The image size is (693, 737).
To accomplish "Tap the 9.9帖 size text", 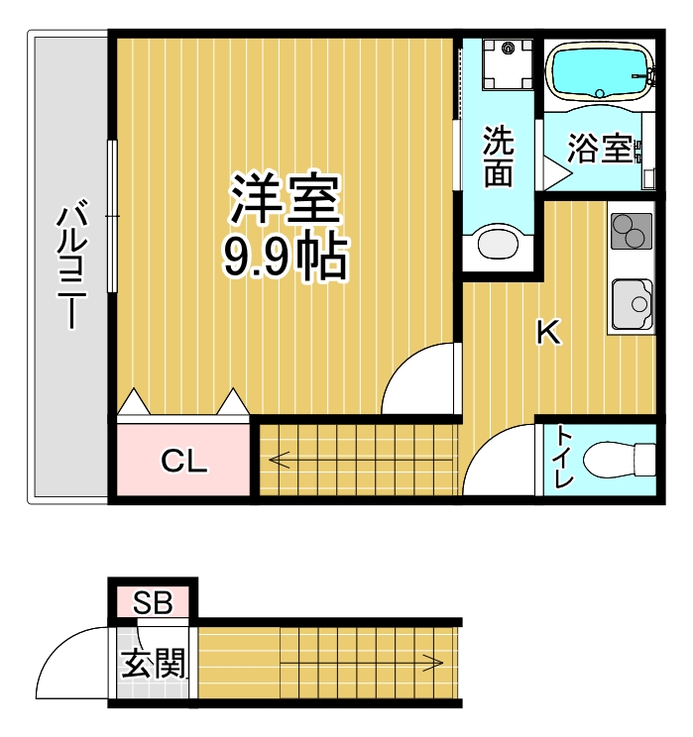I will (285, 258).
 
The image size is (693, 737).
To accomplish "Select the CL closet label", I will (184, 461).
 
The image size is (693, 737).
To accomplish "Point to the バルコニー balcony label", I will (69, 265).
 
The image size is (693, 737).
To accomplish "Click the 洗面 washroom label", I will (498, 158).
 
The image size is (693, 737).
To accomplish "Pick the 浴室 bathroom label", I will (600, 150).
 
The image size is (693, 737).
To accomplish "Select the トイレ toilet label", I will (564, 458).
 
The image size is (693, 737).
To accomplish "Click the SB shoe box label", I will (154, 601).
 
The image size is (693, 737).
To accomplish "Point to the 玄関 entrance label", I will (155, 663).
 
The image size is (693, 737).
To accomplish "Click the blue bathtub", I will (600, 70).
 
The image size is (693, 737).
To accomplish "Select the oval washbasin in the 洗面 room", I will (499, 243).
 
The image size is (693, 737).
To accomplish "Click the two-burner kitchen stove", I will (631, 232).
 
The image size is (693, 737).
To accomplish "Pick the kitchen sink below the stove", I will (632, 302).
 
